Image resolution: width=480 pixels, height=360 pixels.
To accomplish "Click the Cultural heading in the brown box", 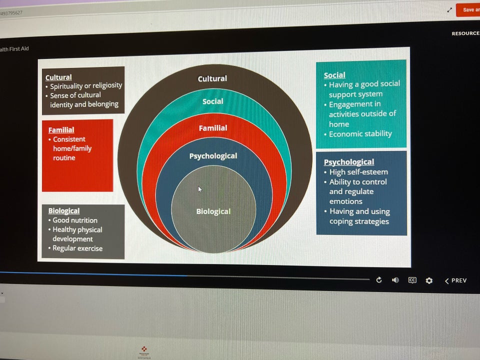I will (x=58, y=77).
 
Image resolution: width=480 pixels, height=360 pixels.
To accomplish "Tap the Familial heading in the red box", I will (x=61, y=130).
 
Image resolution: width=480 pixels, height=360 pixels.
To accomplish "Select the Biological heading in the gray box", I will (x=63, y=211).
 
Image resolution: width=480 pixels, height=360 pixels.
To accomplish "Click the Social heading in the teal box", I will (x=334, y=75).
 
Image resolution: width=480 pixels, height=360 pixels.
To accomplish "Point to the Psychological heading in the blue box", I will (x=348, y=162).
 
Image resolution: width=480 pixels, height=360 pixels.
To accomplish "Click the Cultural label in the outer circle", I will (x=212, y=78).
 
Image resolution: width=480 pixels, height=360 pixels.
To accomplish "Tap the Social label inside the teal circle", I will (x=212, y=101).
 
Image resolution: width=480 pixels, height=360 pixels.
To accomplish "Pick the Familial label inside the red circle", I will (x=213, y=128).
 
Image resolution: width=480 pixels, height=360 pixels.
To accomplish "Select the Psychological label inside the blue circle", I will (x=213, y=156).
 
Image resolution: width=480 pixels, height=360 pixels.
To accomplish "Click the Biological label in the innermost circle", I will (x=213, y=211).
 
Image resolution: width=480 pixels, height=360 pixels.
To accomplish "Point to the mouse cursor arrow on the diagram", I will (x=200, y=189).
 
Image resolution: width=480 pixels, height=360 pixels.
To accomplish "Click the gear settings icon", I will (x=429, y=280).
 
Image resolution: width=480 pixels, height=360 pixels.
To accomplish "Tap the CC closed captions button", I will (x=412, y=280).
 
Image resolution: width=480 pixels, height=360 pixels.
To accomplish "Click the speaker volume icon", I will (x=395, y=280).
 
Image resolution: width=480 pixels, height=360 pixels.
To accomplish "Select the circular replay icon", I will (x=379, y=280).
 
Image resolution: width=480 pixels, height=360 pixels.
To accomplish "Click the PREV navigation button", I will (x=455, y=280).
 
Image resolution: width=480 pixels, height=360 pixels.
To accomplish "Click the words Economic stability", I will (x=360, y=134).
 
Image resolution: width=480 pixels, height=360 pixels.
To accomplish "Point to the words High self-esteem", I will (x=358, y=172).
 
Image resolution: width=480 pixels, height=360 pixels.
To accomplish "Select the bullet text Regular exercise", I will (x=77, y=248).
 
